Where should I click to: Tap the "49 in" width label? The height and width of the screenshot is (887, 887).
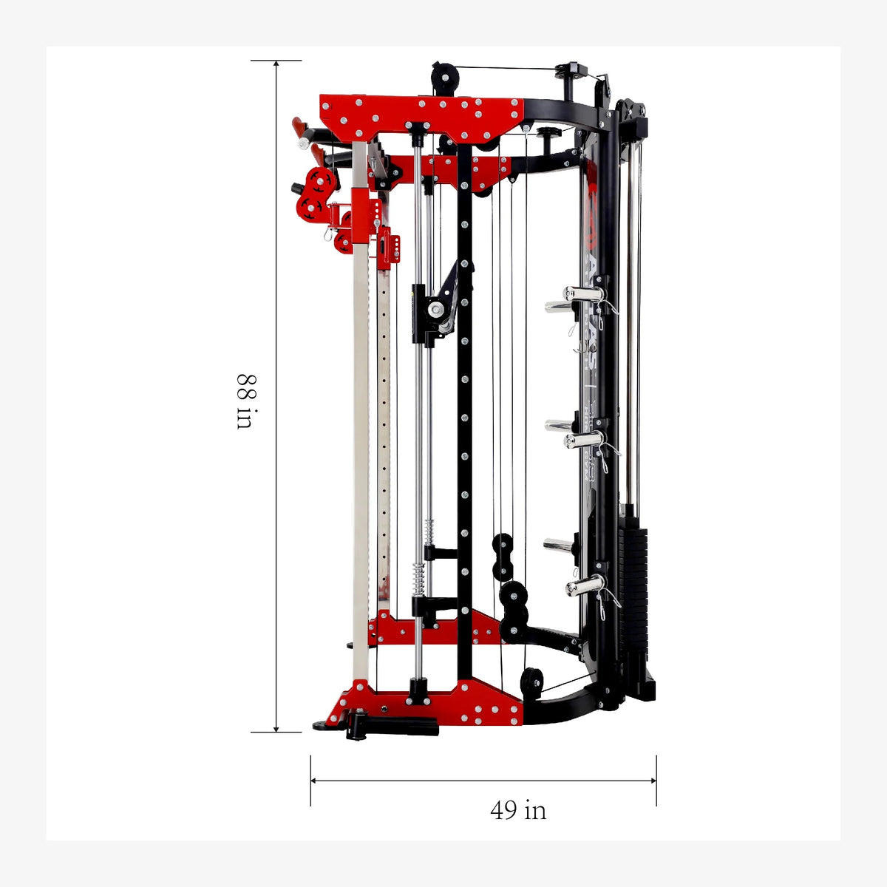coord(518,810)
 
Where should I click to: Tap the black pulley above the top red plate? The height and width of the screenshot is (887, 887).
coord(444,76)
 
